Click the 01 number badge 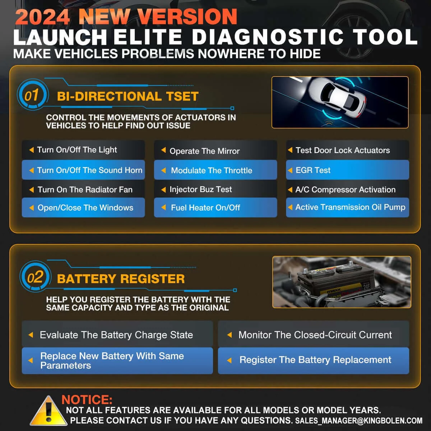pos(33,94)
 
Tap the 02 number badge pos(35,277)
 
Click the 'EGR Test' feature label pos(313,170)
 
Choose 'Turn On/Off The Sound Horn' pos(89,170)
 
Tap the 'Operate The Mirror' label pos(204,151)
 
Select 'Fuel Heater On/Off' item pos(205,208)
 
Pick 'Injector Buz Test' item pos(201,189)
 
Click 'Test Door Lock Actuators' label pos(343,150)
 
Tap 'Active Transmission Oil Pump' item pos(350,207)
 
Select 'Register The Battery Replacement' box pos(313,360)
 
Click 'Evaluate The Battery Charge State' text pos(116,335)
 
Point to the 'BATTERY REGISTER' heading pos(121,279)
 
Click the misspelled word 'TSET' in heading pos(182,96)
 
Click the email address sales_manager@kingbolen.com pos(359,421)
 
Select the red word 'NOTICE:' pos(87,399)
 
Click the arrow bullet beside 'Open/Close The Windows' pos(32,208)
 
